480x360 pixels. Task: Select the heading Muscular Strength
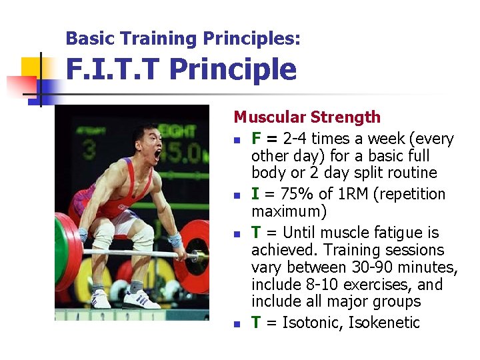(x=307, y=117)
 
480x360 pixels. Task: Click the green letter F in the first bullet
(x=256, y=139)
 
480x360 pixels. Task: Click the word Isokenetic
(x=386, y=323)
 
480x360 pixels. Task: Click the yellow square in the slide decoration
(x=31, y=67)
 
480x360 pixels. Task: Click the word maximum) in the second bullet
(x=289, y=212)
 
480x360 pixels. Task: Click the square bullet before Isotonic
(x=237, y=325)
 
